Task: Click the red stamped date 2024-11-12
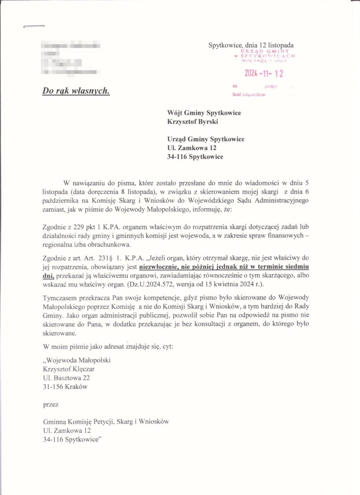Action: point(263,73)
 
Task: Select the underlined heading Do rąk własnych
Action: point(76,91)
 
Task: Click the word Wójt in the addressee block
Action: point(175,113)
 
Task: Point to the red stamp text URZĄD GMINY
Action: point(265,51)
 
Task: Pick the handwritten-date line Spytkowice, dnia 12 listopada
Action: point(251,45)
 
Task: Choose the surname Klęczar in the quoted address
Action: point(80,369)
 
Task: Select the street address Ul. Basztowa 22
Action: point(66,378)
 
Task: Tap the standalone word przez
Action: point(51,404)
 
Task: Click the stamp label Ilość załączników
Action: point(249,95)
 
